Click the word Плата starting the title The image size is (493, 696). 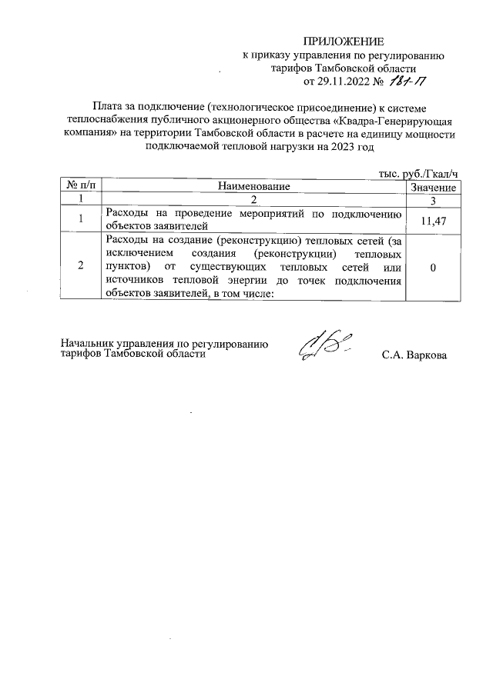[x=107, y=107]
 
